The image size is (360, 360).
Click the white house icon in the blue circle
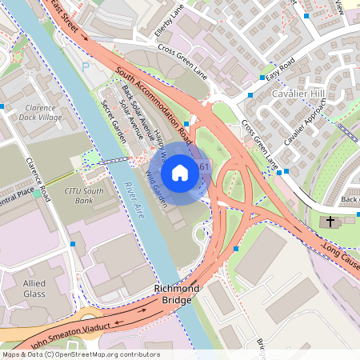coord(180,173)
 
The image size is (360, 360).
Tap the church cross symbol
coord(328,221)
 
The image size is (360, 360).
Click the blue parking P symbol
coord(86,68)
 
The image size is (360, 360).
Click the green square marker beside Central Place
coord(37,194)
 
